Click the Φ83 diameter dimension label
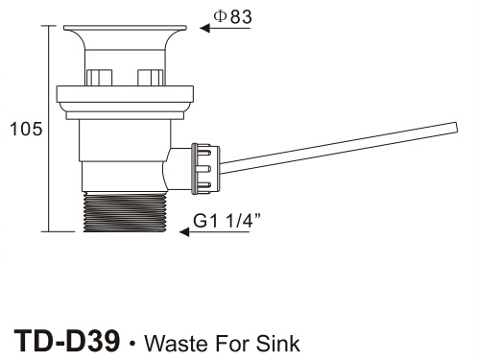click(232, 16)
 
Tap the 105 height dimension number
click(26, 129)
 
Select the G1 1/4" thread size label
click(227, 221)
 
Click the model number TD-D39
click(67, 342)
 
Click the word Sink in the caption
click(277, 344)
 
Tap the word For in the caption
click(232, 344)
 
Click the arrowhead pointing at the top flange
click(205, 28)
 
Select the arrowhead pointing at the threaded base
click(184, 231)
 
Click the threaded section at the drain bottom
click(125, 212)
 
